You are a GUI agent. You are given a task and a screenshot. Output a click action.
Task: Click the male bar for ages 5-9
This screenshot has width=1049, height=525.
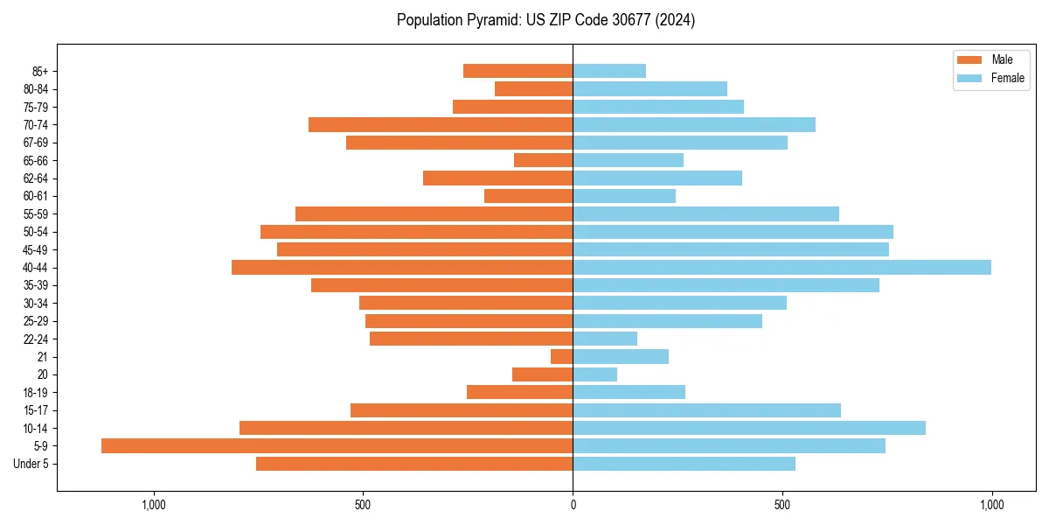[337, 445]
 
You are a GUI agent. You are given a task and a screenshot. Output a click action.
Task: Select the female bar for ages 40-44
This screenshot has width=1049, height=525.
[782, 267]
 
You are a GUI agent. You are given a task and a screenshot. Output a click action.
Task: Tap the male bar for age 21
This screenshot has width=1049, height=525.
[561, 356]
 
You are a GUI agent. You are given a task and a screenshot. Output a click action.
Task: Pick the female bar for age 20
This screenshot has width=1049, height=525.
[594, 374]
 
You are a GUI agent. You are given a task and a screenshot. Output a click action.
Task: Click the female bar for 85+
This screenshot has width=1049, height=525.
[609, 71]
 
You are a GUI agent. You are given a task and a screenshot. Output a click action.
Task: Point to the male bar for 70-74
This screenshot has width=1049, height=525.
[441, 124]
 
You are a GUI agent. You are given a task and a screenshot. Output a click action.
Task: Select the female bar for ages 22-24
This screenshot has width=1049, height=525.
[605, 339]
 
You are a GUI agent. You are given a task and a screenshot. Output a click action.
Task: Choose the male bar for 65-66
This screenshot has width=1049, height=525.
[543, 160]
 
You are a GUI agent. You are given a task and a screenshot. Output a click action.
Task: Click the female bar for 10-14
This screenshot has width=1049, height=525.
[749, 428]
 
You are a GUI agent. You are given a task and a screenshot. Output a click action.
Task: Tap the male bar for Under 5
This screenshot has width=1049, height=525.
[414, 464]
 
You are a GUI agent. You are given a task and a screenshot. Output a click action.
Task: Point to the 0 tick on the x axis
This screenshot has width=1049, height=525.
[573, 505]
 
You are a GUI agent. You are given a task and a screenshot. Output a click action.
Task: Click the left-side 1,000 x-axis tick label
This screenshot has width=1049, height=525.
[154, 505]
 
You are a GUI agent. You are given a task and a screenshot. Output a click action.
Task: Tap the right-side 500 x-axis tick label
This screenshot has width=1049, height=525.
[782, 505]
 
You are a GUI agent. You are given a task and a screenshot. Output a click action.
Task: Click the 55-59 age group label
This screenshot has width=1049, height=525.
[36, 214]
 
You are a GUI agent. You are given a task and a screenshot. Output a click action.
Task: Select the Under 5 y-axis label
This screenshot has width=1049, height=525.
[31, 464]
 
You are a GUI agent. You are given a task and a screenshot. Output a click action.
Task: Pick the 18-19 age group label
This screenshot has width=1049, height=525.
[36, 392]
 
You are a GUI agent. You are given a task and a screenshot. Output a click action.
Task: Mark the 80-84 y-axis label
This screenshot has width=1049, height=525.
[36, 89]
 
